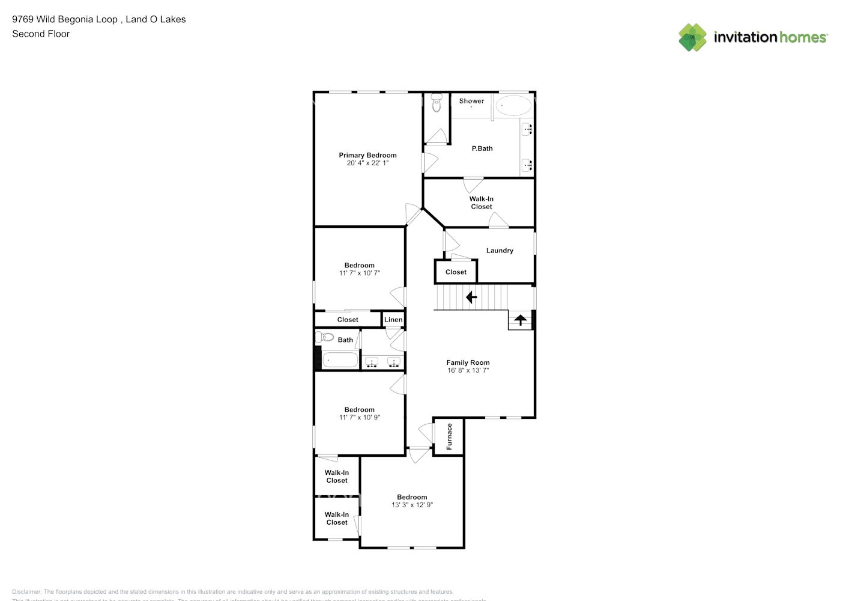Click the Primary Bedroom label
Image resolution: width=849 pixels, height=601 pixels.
click(367, 155)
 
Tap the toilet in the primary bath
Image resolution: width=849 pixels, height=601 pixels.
click(437, 105)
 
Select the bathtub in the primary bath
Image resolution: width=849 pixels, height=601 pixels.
click(514, 106)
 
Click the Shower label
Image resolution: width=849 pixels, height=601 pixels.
click(471, 101)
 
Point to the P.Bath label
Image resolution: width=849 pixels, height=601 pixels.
click(482, 148)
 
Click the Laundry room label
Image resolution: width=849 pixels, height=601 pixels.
click(500, 251)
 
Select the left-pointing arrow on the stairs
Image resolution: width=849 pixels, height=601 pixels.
click(471, 297)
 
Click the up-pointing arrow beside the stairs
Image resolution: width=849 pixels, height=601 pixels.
click(520, 320)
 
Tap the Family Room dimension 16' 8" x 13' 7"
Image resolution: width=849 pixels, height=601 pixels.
click(468, 371)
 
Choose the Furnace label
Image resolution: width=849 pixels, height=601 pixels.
click(449, 436)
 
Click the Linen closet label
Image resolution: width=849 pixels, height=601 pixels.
click(393, 320)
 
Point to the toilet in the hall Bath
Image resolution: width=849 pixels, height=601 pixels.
click(324, 337)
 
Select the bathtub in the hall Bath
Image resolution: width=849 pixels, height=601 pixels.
click(340, 361)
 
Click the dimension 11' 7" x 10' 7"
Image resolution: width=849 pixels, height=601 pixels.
click(359, 273)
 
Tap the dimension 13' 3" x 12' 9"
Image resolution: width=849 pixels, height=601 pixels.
click(412, 505)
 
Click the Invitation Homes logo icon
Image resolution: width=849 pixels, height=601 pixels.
click(692, 37)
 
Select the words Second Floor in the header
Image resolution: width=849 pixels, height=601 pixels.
click(41, 34)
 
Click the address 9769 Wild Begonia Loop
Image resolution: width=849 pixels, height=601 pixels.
click(65, 19)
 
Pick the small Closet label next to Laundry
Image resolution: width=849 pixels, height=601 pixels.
click(456, 272)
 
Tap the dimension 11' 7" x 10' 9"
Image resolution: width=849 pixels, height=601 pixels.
click(359, 418)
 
